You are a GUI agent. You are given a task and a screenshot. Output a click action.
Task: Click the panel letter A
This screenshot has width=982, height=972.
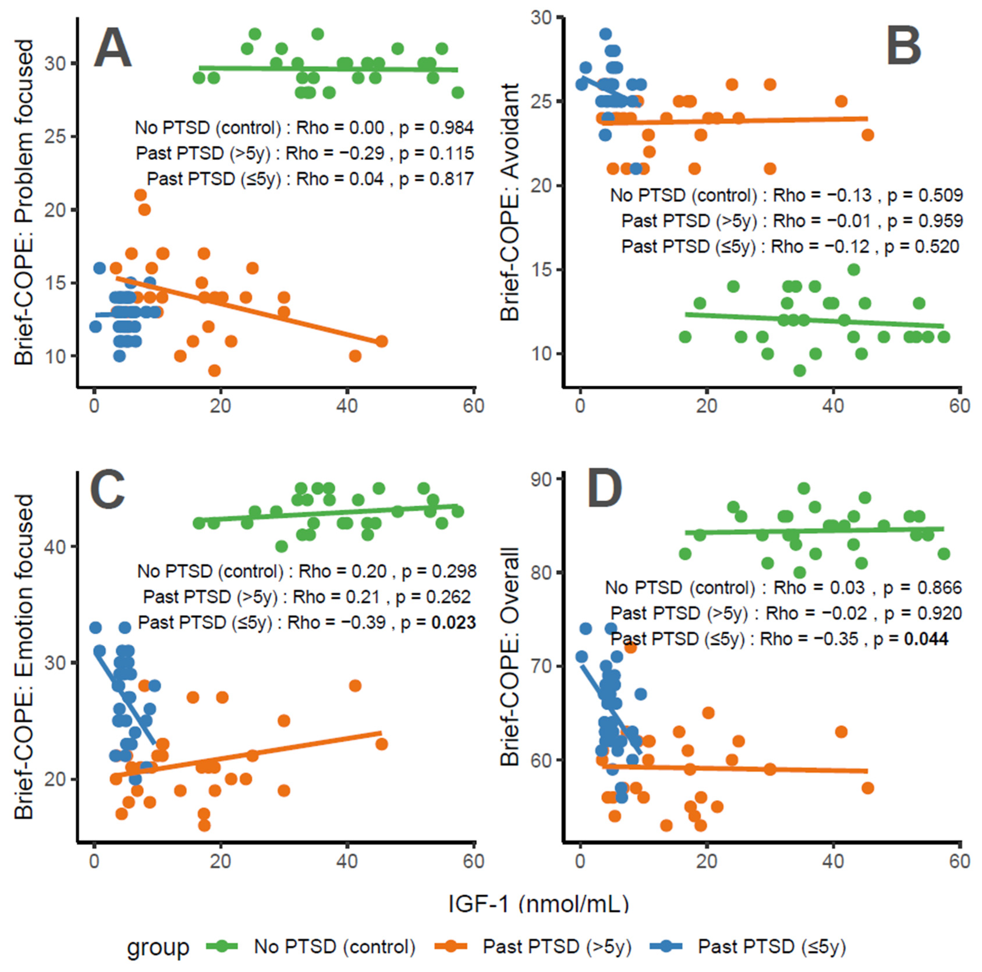113,48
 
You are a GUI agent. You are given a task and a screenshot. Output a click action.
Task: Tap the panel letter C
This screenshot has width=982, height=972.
107,489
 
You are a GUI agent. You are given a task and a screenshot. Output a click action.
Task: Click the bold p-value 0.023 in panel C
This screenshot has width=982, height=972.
453,623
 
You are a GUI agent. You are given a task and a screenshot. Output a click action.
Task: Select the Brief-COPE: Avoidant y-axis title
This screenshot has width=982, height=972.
510,202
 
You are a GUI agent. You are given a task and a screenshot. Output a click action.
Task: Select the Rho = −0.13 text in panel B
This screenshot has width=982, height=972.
822,195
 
